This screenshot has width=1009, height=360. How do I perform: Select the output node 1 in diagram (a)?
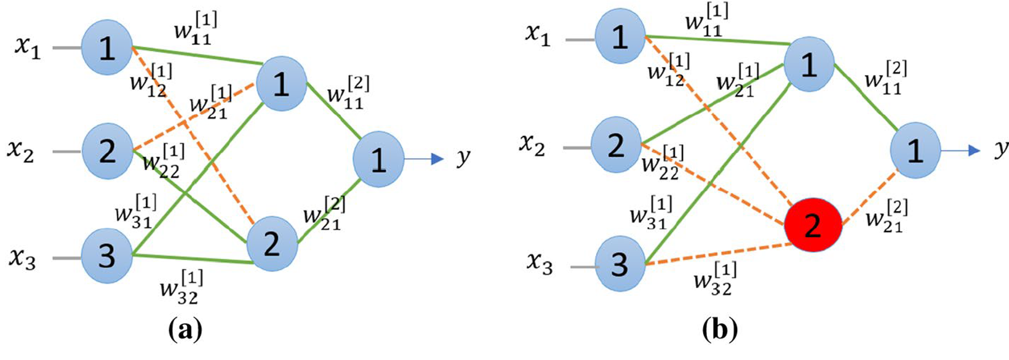click(378, 159)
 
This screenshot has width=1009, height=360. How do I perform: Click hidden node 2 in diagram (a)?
click(272, 244)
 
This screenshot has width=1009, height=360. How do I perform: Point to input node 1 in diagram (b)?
click(620, 37)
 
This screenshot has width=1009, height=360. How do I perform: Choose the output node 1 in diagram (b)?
click(915, 150)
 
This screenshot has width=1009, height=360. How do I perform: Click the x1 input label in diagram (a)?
click(28, 47)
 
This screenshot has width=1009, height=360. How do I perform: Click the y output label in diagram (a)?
click(463, 158)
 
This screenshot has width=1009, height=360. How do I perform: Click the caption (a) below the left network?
click(185, 330)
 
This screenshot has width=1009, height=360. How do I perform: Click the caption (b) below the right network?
click(719, 330)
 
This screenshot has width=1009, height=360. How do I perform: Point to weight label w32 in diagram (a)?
click(180, 288)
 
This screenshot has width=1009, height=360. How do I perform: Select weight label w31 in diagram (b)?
click(650, 212)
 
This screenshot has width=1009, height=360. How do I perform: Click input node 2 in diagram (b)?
click(616, 145)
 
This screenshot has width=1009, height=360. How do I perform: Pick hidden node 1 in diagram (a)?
click(281, 84)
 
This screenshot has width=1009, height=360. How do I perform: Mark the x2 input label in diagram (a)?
click(20, 150)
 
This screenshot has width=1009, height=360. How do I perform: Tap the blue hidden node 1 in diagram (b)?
click(808, 65)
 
